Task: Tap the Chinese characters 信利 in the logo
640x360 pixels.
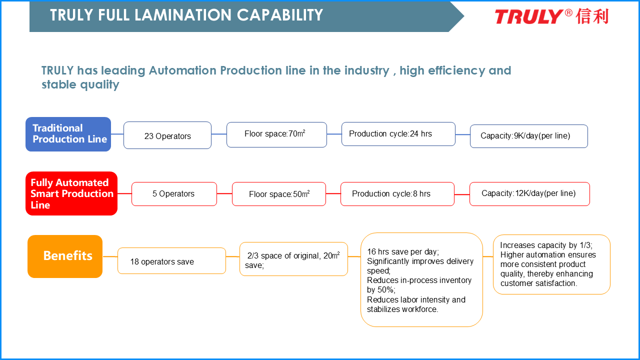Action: click(592, 16)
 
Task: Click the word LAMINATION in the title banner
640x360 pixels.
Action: click(182, 15)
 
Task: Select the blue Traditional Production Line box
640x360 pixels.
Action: click(68, 134)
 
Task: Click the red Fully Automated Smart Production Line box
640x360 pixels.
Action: click(71, 193)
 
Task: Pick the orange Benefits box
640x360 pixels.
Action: click(65, 256)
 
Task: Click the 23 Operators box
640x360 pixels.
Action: click(167, 135)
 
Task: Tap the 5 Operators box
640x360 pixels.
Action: click(174, 193)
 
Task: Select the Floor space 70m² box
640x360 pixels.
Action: click(276, 135)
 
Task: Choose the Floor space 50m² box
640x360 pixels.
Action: click(279, 194)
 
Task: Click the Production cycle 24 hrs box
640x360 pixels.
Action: click(398, 134)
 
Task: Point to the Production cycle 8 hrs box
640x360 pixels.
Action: click(397, 194)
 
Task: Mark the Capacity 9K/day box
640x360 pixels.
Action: click(529, 136)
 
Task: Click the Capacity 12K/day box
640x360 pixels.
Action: click(529, 194)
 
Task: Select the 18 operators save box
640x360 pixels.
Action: click(171, 261)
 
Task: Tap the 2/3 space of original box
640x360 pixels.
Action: click(293, 259)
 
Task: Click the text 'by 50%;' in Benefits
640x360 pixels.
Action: click(381, 289)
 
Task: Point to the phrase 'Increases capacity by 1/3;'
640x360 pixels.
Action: click(546, 245)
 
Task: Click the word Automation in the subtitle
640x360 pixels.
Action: click(182, 70)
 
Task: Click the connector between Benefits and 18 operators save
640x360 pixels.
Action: click(110, 256)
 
